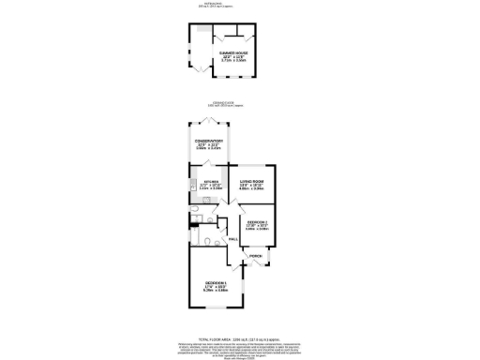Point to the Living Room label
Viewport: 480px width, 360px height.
[251, 184]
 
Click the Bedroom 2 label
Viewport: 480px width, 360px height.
[257, 225]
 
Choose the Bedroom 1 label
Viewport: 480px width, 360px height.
[217, 285]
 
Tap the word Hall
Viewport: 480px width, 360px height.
[232, 239]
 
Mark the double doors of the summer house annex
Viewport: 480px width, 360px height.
[201, 67]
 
